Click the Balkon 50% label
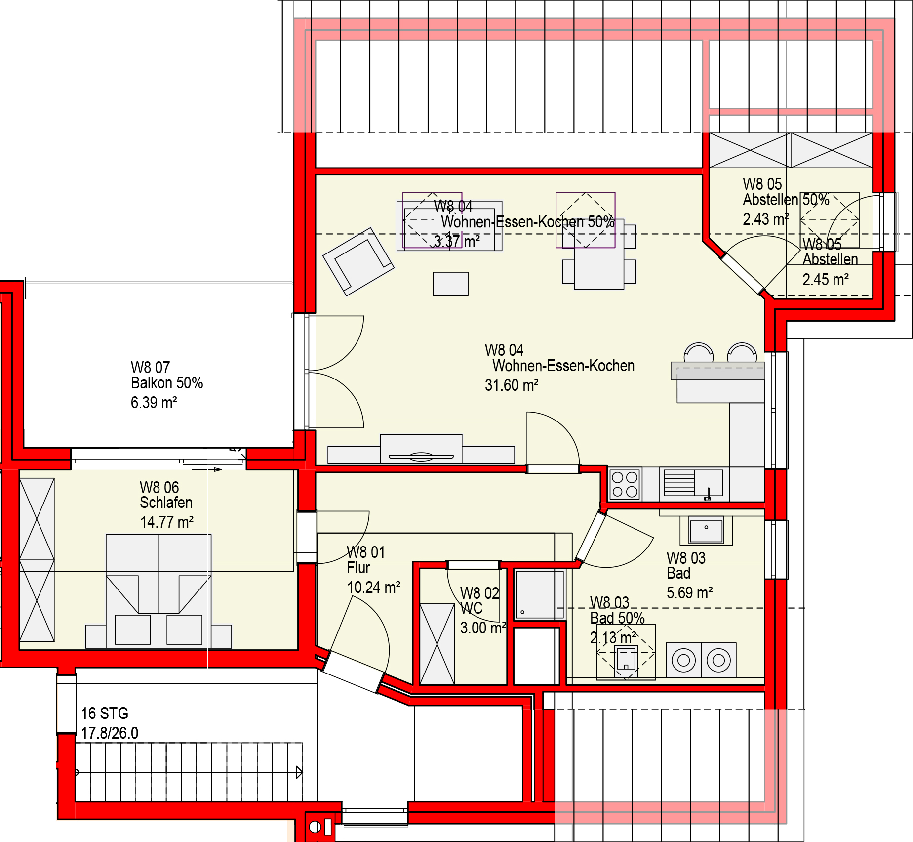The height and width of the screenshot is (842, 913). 166,383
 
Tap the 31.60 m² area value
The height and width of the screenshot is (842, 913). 511,385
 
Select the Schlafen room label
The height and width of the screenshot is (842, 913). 165,503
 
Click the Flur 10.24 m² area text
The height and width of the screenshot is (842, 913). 373,588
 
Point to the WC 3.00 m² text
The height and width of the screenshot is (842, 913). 482,628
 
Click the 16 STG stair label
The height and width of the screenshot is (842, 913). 104,714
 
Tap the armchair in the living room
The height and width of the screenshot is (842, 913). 358,261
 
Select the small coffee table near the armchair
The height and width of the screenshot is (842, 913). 450,284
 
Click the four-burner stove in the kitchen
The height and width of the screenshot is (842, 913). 625,484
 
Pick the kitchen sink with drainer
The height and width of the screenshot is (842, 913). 693,483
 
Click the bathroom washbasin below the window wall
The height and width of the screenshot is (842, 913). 706,531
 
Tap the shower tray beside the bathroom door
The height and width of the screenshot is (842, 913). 539,595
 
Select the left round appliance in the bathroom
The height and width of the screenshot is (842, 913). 683,660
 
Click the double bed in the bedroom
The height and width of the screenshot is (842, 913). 159,590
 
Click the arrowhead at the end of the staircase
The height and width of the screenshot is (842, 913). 299,772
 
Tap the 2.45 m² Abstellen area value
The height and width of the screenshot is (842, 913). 825,280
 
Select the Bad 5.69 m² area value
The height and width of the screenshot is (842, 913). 689,593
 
